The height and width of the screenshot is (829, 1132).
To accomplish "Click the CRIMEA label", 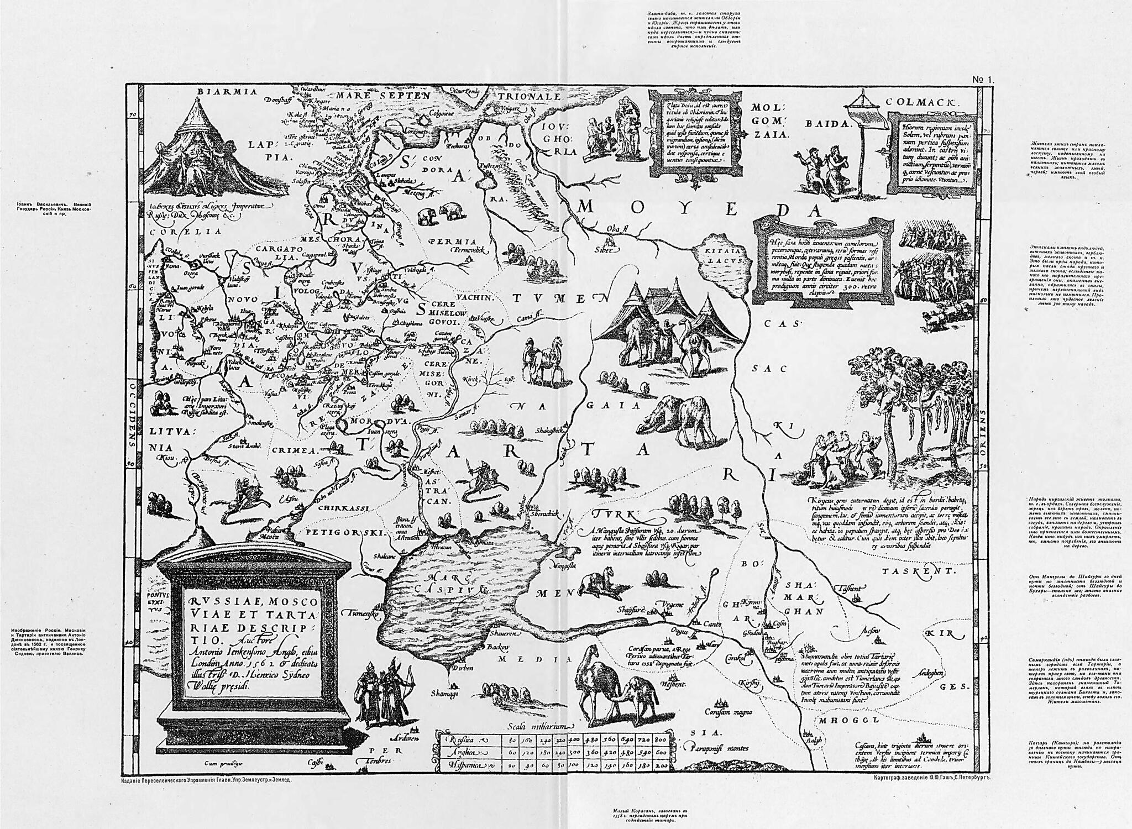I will [292, 450].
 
